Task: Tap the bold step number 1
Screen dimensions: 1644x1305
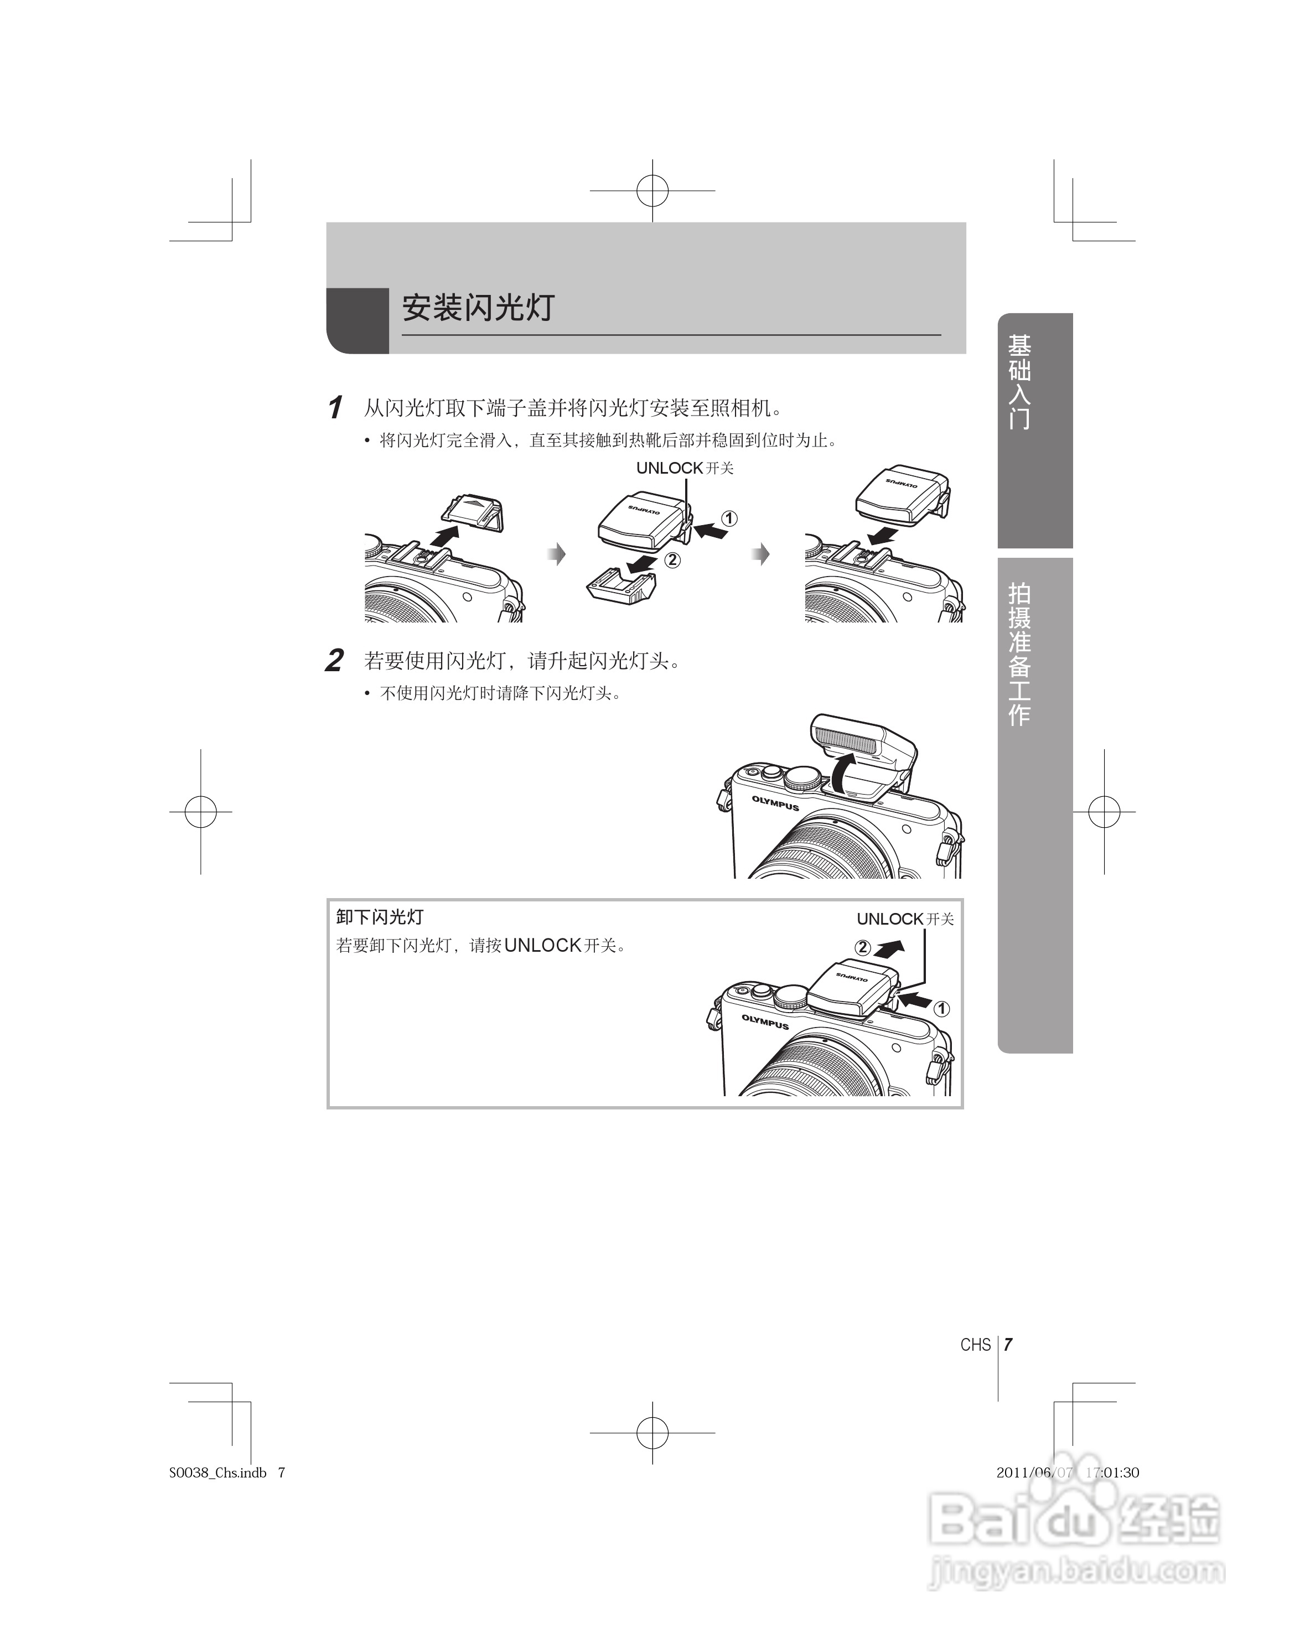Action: coord(334,408)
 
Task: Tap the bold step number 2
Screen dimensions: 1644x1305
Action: coord(334,660)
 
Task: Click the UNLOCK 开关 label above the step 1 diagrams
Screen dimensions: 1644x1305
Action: coord(684,468)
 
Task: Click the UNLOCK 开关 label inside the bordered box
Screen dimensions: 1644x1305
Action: coord(904,919)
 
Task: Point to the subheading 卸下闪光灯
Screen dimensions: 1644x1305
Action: coord(379,916)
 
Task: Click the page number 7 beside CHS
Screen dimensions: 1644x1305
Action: coord(1008,1344)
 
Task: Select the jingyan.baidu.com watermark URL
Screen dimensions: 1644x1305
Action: coord(1075,1571)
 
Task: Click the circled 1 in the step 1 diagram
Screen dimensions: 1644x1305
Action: coord(729,518)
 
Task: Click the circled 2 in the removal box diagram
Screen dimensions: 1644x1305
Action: coord(863,948)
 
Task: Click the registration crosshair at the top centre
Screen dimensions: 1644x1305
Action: coord(652,191)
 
